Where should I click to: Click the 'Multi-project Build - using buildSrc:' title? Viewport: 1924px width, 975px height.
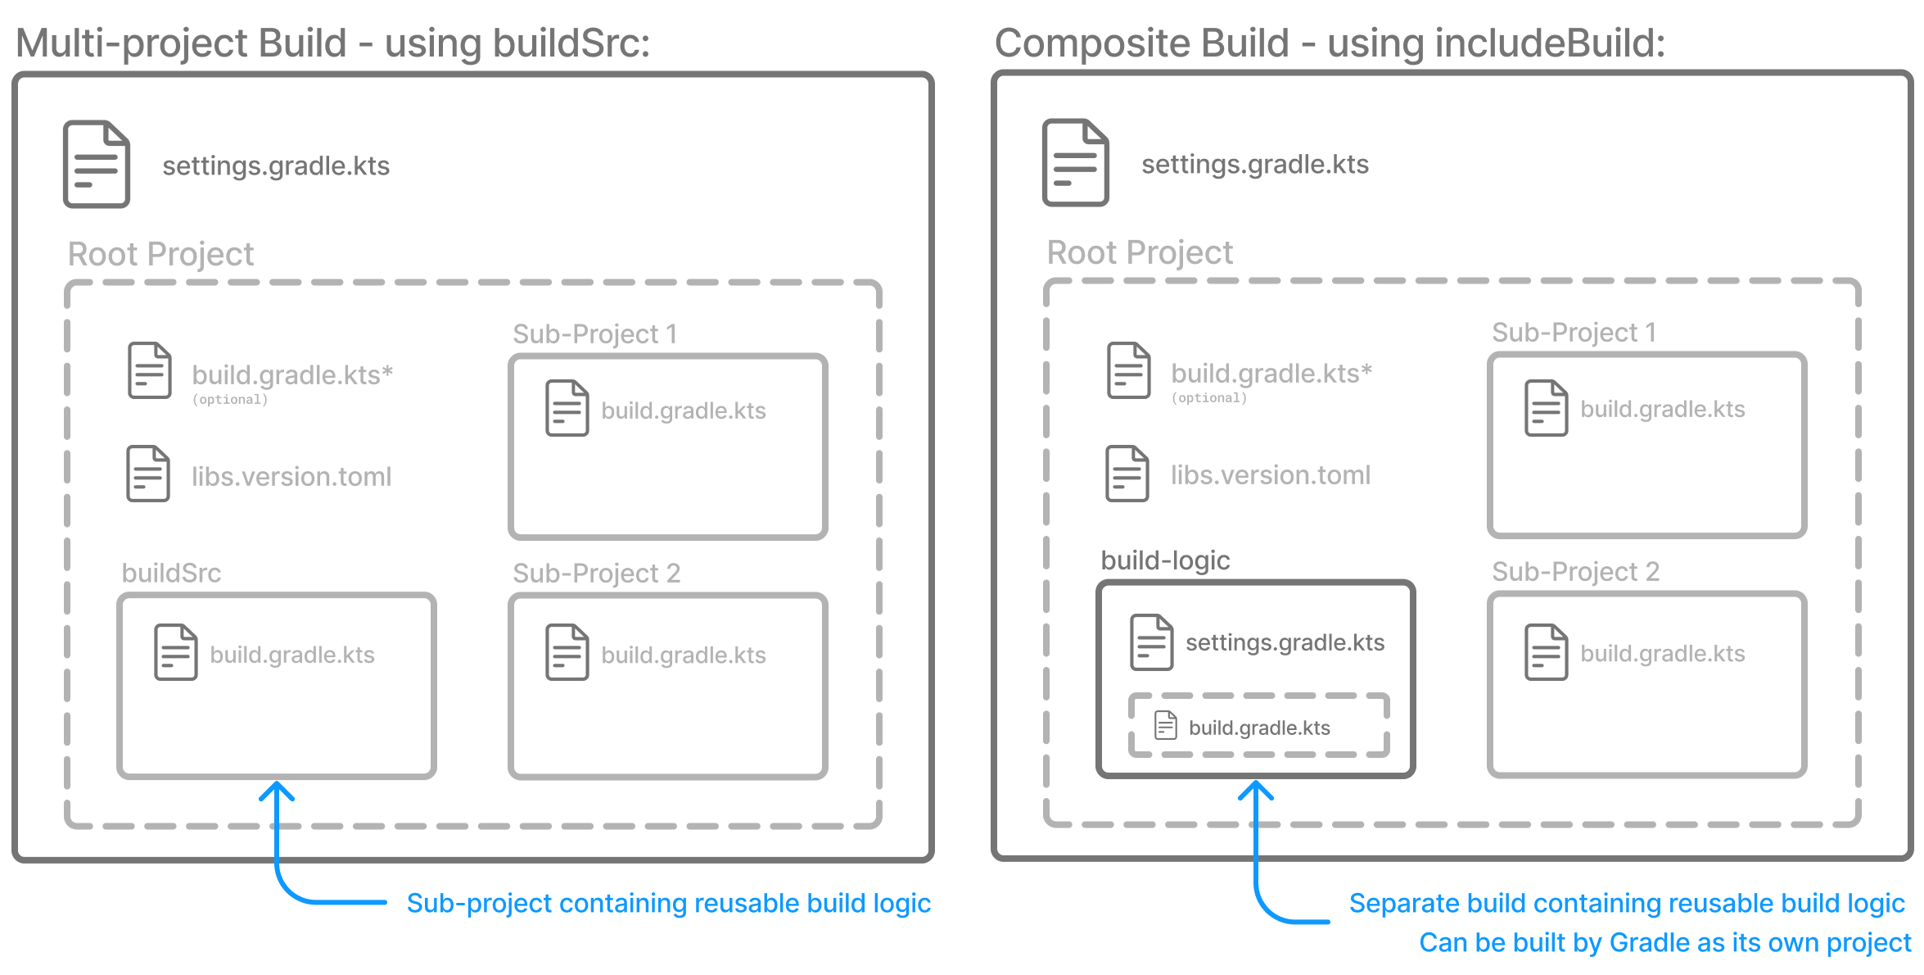[332, 43]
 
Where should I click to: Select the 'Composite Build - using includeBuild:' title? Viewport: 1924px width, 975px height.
[1329, 43]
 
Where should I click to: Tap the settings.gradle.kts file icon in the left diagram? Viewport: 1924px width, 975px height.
[97, 164]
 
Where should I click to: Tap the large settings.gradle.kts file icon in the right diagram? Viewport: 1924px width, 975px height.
[1075, 162]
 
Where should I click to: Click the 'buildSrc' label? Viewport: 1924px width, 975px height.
[171, 573]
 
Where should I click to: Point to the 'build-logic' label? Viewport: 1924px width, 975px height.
[1165, 560]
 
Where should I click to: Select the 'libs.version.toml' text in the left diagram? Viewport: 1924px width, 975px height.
[291, 476]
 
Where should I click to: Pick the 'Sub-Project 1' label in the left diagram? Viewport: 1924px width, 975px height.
[594, 333]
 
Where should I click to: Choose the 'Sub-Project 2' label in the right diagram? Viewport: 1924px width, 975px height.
[1575, 571]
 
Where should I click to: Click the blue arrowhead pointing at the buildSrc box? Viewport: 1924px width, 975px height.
[277, 791]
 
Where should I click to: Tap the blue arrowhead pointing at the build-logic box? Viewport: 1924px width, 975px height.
[1255, 791]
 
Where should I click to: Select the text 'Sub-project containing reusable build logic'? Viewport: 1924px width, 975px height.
[668, 903]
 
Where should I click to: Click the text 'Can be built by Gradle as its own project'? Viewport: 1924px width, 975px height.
[1664, 942]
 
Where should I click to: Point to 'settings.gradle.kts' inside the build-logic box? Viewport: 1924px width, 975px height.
[1285, 642]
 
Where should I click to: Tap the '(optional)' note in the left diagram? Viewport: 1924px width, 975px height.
[229, 399]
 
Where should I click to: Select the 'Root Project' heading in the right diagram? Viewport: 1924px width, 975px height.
[1139, 252]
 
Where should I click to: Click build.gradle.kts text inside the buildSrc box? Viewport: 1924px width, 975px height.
[292, 655]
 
